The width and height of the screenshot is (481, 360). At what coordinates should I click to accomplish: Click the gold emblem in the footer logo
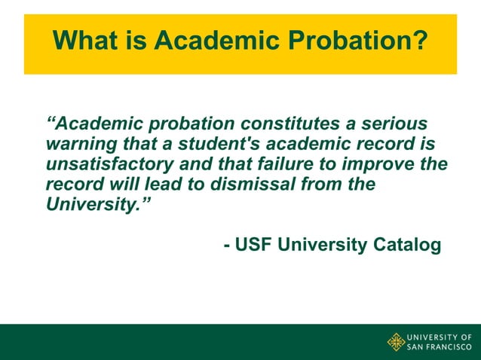tap(396, 342)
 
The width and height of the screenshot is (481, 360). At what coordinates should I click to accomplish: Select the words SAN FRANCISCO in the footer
tap(440, 347)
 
